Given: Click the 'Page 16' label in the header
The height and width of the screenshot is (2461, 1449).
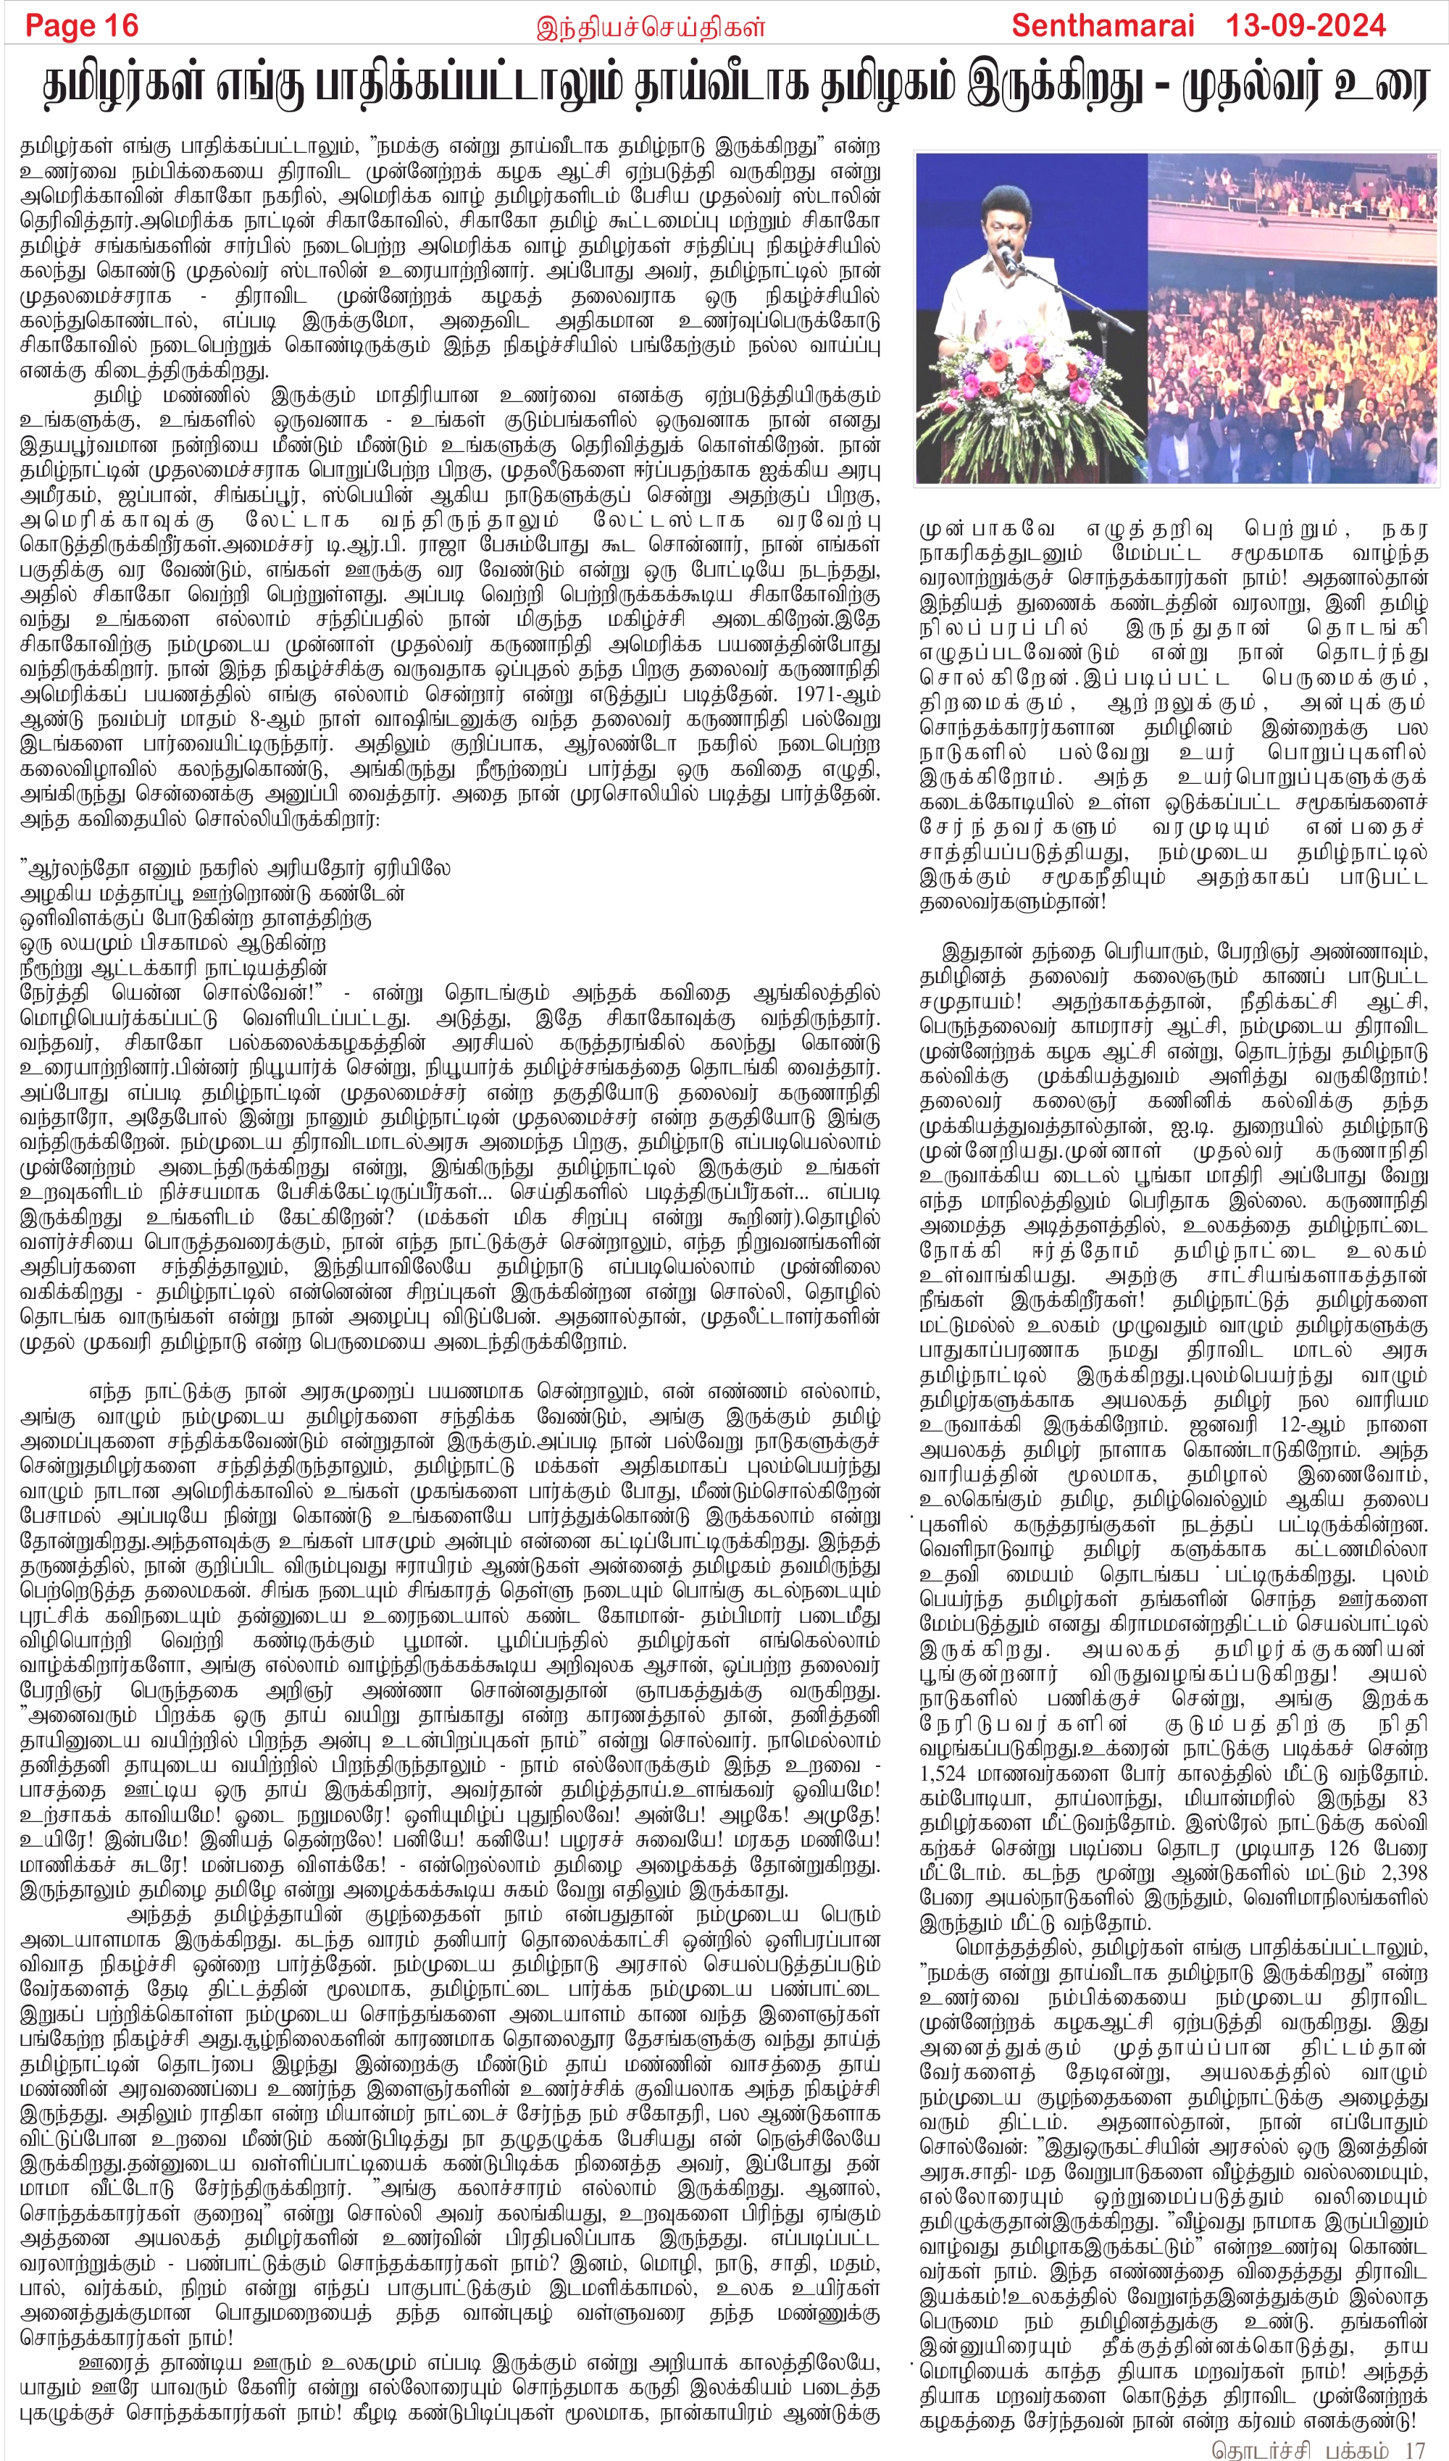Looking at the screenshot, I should point(82,25).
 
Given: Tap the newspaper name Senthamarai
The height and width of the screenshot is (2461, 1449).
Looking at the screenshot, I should point(1103,25).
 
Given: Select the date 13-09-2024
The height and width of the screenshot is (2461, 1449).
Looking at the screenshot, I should point(1306,25).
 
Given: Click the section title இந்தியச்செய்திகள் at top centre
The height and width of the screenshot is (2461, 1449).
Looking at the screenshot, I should point(651,28).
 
